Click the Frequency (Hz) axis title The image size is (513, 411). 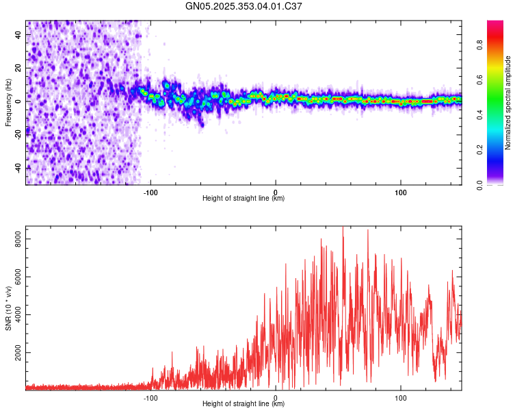(x=8, y=103)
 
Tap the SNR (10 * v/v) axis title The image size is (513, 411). (x=8, y=309)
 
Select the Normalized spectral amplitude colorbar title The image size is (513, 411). (x=508, y=103)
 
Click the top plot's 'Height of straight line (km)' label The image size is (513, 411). (x=244, y=198)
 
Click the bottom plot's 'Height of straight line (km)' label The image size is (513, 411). (x=244, y=403)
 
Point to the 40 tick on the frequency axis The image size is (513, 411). (x=18, y=34)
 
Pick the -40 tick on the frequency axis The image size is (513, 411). (x=17, y=168)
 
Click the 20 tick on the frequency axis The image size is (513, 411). (x=18, y=67)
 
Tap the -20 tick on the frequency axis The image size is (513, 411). (x=17, y=134)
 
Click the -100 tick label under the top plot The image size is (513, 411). (x=150, y=192)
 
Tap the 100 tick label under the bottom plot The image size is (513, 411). (x=400, y=397)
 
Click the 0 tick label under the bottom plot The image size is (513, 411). (x=276, y=397)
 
